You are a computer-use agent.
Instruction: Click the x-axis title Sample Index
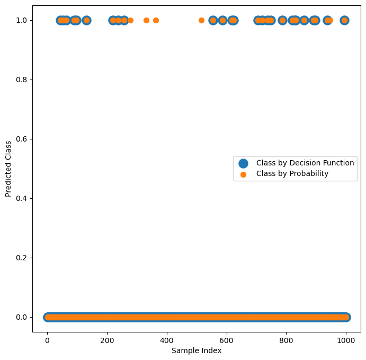pyautogui.click(x=197, y=350)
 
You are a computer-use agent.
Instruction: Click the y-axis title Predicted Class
pyautogui.click(x=8, y=169)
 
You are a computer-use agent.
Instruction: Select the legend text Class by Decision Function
pyautogui.click(x=305, y=163)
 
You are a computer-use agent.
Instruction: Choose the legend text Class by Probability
pyautogui.click(x=292, y=174)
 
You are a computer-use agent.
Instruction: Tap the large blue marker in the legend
pyautogui.click(x=243, y=163)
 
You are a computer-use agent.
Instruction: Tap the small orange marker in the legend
pyautogui.click(x=243, y=174)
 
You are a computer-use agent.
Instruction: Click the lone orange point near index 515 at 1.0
pyautogui.click(x=201, y=20)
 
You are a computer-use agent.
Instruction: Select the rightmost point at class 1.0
pyautogui.click(x=344, y=20)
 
